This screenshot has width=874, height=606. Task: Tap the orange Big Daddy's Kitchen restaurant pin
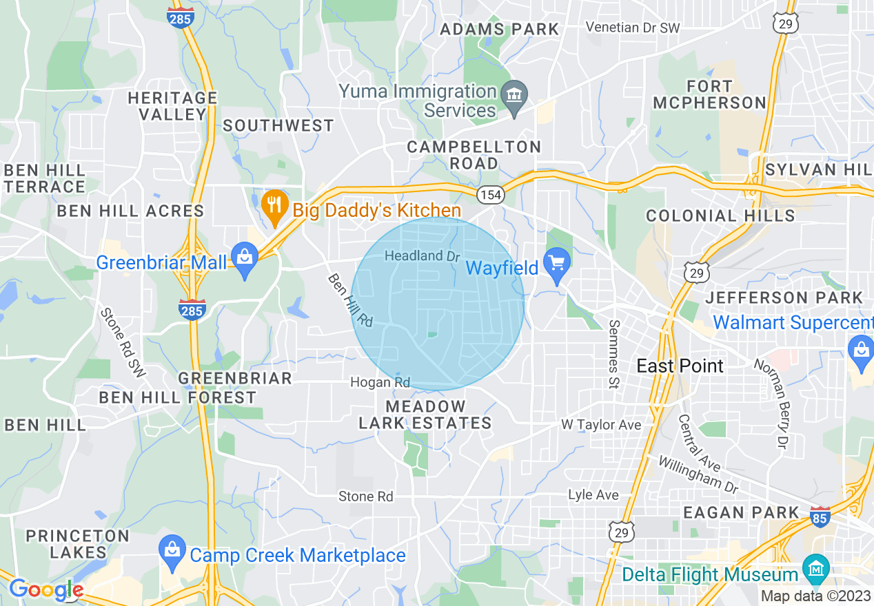click(x=274, y=204)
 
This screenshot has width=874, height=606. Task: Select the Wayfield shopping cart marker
click(x=556, y=263)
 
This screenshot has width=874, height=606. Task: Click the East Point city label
click(x=680, y=366)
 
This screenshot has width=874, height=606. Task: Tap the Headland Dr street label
click(x=422, y=255)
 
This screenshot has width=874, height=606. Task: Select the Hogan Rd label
click(x=380, y=382)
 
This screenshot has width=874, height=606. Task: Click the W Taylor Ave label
click(x=601, y=425)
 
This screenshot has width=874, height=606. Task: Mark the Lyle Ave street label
click(x=593, y=495)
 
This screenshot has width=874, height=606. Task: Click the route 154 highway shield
click(x=490, y=195)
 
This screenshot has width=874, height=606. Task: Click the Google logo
click(x=46, y=590)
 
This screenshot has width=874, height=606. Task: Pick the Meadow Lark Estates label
click(x=425, y=415)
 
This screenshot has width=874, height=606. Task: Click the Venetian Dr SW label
click(x=632, y=28)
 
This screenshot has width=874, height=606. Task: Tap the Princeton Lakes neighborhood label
click(x=78, y=543)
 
